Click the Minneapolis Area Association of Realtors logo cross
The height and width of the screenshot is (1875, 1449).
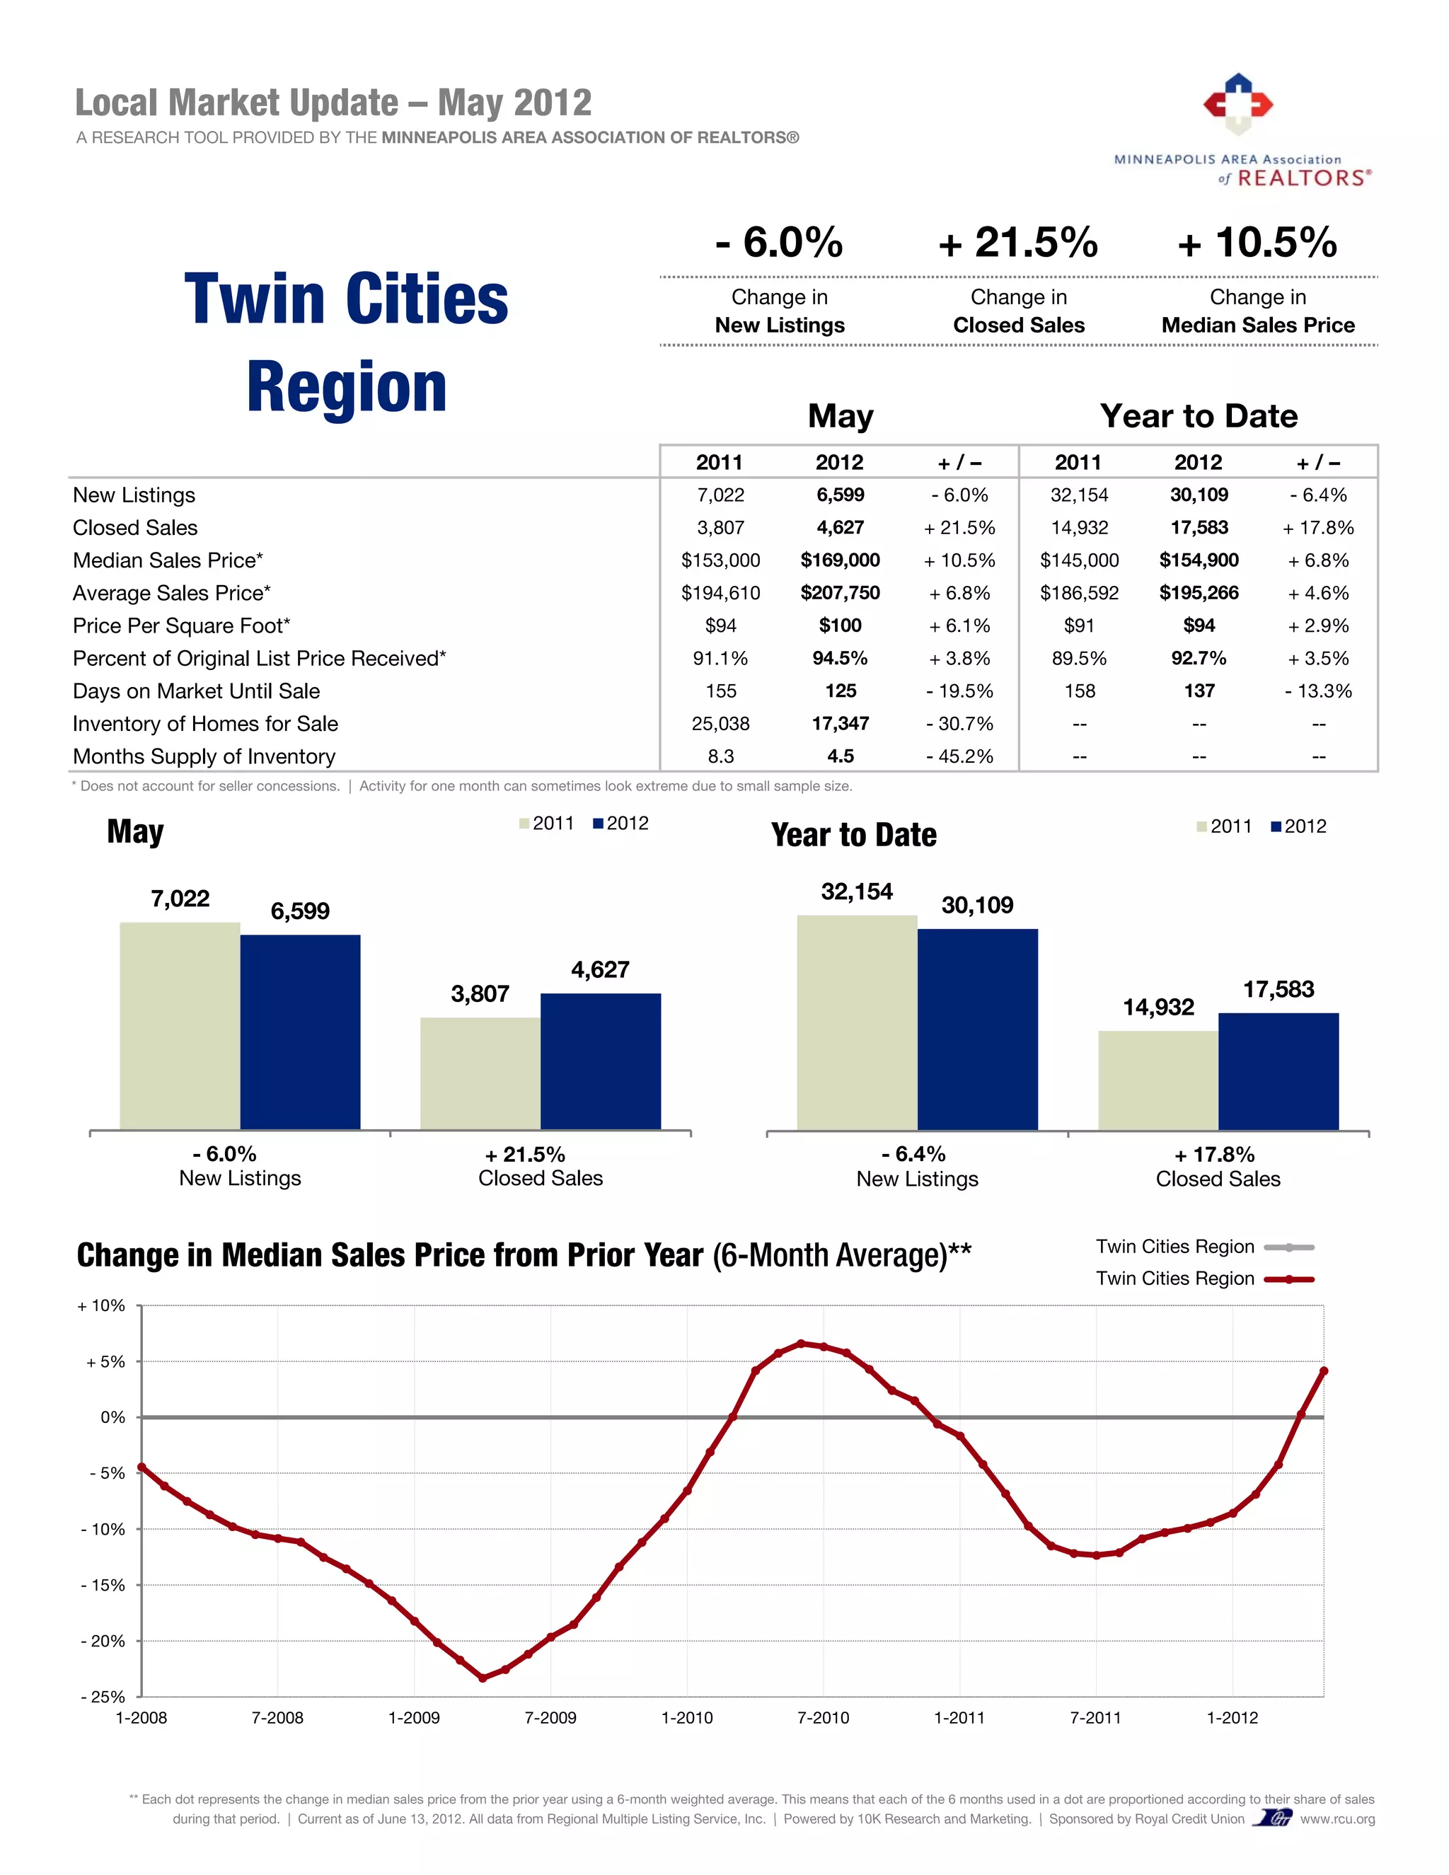point(1237,104)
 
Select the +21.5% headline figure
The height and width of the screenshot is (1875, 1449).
point(1018,242)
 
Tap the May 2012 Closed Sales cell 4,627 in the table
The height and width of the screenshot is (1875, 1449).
point(840,527)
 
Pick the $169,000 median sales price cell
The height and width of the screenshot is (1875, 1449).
point(840,560)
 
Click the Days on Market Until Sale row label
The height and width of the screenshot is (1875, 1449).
point(196,691)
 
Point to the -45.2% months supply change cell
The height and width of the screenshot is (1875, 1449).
point(959,756)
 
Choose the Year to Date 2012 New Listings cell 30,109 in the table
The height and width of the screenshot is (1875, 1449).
point(1199,495)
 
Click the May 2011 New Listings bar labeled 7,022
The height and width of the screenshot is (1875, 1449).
point(180,1025)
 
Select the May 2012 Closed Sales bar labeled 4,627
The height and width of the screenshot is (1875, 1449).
point(600,1061)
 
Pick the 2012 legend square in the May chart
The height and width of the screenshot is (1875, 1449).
point(599,824)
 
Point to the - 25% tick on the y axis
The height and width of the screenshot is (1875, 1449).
point(103,1697)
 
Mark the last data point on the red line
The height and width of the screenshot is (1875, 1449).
point(1323,1371)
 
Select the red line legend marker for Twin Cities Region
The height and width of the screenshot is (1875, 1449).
point(1289,1279)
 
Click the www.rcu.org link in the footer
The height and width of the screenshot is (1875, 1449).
point(1337,1818)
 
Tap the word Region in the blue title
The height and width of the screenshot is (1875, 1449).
point(347,388)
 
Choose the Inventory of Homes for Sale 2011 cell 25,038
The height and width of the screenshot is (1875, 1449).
point(720,724)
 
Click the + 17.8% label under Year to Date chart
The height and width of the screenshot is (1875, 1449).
point(1214,1155)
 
